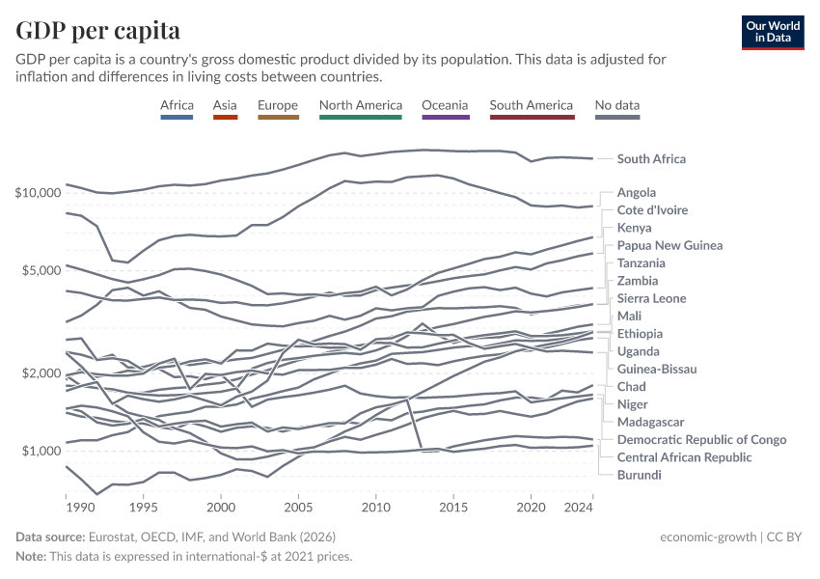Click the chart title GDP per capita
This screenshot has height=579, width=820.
click(x=97, y=31)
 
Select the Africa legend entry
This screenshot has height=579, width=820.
click(x=178, y=105)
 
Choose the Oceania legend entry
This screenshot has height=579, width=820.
click(x=445, y=105)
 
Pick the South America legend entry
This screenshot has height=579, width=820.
click(x=531, y=105)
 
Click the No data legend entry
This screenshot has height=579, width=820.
click(x=617, y=105)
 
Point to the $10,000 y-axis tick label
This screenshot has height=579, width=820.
click(x=38, y=193)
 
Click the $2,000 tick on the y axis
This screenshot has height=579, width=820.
click(x=41, y=373)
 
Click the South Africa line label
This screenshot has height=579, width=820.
click(x=665, y=159)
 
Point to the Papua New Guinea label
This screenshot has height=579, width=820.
click(x=670, y=245)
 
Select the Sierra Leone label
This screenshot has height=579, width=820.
click(x=651, y=298)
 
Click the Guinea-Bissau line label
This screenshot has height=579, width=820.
click(x=656, y=369)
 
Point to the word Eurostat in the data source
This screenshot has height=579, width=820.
click(x=114, y=537)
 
